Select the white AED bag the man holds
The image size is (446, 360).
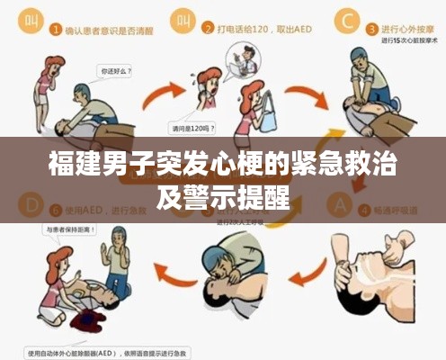[x=267, y=113]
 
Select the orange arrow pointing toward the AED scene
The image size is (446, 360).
[x=167, y=268]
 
